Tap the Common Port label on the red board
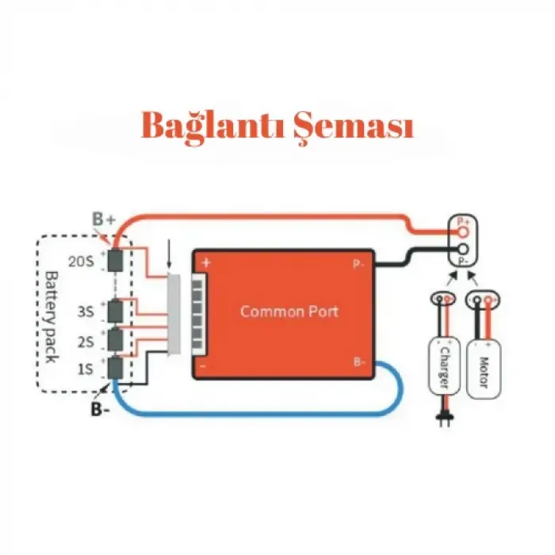(289, 311)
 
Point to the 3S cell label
(86, 312)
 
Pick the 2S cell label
(86, 342)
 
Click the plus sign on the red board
(206, 262)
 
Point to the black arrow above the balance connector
(169, 257)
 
